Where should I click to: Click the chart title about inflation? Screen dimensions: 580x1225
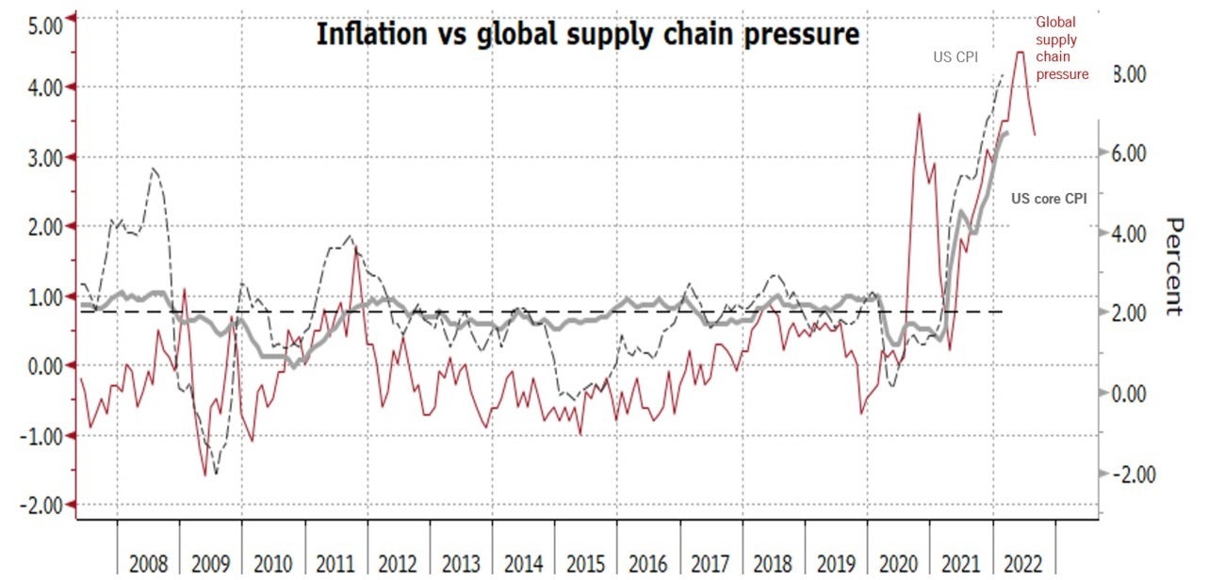pyautogui.click(x=587, y=35)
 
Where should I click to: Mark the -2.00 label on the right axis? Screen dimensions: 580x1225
pyautogui.click(x=1135, y=474)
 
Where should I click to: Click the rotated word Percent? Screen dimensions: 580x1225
pyautogui.click(x=1174, y=266)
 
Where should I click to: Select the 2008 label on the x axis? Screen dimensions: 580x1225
pyautogui.click(x=148, y=564)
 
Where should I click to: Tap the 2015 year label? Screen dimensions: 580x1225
pyautogui.click(x=586, y=564)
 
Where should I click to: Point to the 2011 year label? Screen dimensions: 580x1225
pyautogui.click(x=335, y=564)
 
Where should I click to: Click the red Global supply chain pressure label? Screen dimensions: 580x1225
pyautogui.click(x=1062, y=48)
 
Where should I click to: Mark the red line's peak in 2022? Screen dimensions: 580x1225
pyautogui.click(x=1020, y=53)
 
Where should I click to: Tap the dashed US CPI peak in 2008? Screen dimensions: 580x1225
pyautogui.click(x=153, y=169)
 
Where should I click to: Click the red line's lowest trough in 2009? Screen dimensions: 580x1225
pyautogui.click(x=205, y=475)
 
